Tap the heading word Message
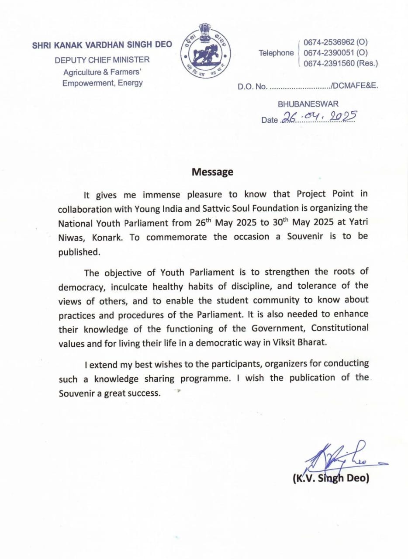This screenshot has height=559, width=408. click(212, 172)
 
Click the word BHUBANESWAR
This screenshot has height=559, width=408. click(308, 104)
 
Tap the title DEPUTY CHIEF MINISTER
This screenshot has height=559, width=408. click(102, 60)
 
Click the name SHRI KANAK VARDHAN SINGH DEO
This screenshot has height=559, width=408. click(102, 45)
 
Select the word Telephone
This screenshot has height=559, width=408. click(276, 53)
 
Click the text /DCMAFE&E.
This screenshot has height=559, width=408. click(354, 86)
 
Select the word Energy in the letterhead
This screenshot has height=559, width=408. click(130, 83)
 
